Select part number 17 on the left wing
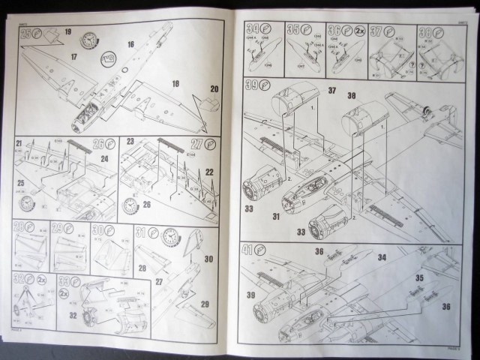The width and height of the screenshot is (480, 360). pyautogui.click(x=74, y=55)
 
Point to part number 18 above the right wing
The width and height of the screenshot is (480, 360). pyautogui.click(x=175, y=84)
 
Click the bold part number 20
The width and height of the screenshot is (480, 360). pyautogui.click(x=214, y=90)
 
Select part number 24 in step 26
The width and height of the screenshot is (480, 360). pyautogui.click(x=106, y=159)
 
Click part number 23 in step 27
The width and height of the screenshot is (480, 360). pyautogui.click(x=130, y=141)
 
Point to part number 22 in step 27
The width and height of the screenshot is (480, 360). pyautogui.click(x=209, y=172)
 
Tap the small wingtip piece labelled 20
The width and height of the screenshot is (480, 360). pyautogui.click(x=204, y=103)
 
